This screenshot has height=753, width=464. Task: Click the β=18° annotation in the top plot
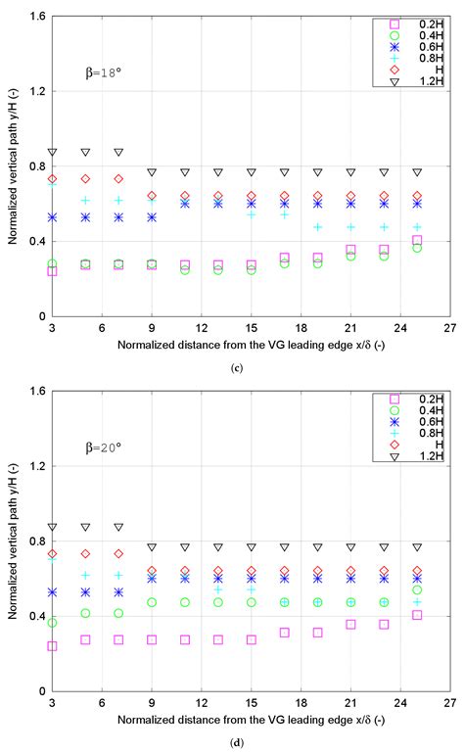(x=103, y=73)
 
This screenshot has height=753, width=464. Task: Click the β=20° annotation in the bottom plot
(x=103, y=448)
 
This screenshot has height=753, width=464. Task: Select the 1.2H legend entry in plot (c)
(x=409, y=81)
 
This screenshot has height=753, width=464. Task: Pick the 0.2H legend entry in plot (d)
(x=409, y=400)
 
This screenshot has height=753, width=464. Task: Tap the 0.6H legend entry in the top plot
(x=409, y=47)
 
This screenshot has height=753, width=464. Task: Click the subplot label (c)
(x=237, y=368)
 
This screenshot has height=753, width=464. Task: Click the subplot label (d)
(x=237, y=743)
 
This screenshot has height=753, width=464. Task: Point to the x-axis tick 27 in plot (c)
(x=450, y=328)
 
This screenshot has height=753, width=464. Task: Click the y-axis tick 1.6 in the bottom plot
(x=37, y=391)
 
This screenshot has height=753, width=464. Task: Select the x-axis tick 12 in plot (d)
(x=202, y=703)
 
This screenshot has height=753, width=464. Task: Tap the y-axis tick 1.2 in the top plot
(x=37, y=91)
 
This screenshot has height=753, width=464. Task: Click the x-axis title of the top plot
(x=252, y=345)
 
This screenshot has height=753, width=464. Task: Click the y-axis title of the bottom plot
(x=13, y=541)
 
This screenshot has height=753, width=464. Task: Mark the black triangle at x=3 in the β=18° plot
(x=52, y=152)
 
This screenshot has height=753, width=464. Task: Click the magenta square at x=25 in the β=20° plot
(x=417, y=615)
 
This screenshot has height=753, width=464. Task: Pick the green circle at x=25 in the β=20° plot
(x=417, y=589)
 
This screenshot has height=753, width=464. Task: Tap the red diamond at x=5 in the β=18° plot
(x=85, y=178)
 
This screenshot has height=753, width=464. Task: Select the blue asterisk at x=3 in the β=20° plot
(x=52, y=592)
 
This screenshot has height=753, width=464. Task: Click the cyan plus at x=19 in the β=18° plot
(x=317, y=226)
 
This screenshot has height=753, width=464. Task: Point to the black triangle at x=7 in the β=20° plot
(x=118, y=527)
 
